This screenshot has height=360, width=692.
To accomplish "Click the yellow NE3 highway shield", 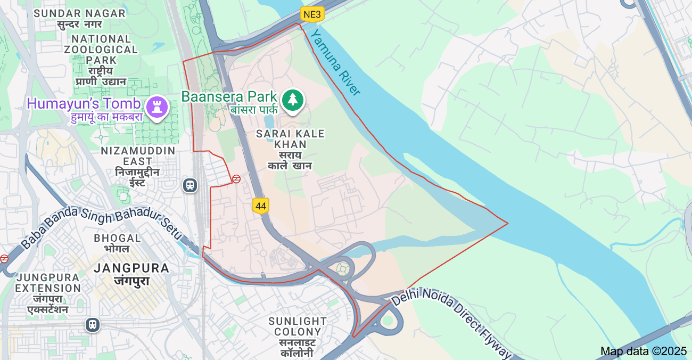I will [x=312, y=14].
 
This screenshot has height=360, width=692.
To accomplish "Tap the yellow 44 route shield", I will [x=260, y=206].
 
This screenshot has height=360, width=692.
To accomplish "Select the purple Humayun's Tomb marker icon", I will [x=157, y=107].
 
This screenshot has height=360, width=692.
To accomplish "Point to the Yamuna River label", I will [x=336, y=62].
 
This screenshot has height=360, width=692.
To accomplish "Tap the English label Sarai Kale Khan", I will [x=290, y=139].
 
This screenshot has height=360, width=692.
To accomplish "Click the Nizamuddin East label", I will [x=138, y=157].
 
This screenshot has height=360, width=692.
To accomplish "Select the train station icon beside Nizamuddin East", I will [x=190, y=185].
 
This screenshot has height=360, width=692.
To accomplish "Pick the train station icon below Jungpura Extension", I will [x=93, y=324].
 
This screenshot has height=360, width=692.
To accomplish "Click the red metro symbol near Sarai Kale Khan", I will [x=236, y=179].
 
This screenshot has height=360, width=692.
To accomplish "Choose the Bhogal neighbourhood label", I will [x=118, y=238].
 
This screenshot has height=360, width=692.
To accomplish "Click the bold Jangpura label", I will [x=131, y=268].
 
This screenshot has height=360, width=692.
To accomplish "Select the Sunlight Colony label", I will [x=298, y=326].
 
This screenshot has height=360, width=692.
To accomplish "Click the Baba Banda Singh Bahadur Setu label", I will [x=101, y=229].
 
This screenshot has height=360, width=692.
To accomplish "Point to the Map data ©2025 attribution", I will [x=644, y=351].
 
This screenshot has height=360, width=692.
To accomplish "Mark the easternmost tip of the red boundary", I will [x=508, y=223].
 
